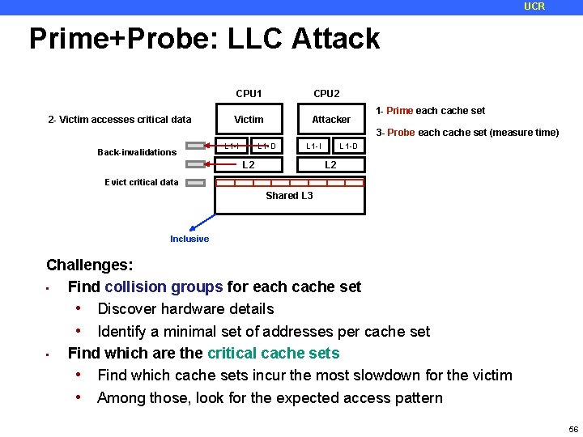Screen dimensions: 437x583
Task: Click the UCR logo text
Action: pos(534,6)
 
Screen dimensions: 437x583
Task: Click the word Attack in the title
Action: pos(337,39)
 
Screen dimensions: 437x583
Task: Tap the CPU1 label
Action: pos(249,93)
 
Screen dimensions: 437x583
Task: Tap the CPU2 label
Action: pos(326,93)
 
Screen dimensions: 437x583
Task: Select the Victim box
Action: pos(249,119)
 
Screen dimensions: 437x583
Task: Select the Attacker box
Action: pos(331,119)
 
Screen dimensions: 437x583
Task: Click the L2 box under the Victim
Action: pos(249,165)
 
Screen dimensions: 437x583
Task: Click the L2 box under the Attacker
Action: pos(331,165)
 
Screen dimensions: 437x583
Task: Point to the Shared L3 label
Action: pos(289,196)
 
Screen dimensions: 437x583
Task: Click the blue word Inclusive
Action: pos(189,239)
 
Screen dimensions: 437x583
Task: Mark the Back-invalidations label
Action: pos(137,152)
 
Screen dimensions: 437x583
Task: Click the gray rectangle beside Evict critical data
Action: pos(196,182)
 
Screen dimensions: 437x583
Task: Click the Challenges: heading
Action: pos(90,265)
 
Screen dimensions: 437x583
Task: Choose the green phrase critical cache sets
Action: pos(273,353)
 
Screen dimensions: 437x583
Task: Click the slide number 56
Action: pos(573,428)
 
